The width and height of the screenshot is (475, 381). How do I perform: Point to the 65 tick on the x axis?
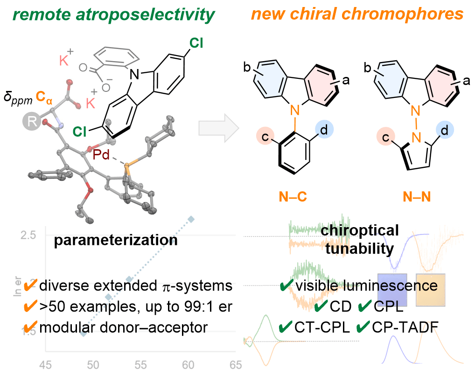236,365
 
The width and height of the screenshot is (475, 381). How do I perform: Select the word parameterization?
115,240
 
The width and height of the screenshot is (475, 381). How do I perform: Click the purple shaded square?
392,289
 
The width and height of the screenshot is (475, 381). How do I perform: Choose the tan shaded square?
432,289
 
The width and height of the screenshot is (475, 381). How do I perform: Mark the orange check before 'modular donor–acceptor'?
29,327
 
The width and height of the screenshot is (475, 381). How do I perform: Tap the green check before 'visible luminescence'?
286,285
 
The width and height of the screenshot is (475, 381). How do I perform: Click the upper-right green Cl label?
196,44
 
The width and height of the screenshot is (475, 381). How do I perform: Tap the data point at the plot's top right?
190,219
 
